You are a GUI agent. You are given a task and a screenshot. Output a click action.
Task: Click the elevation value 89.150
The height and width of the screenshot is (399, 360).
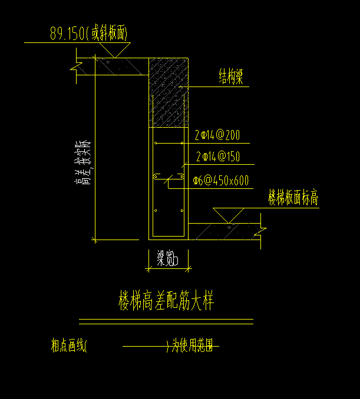[x=67, y=35]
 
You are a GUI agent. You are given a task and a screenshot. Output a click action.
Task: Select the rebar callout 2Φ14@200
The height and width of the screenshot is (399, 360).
[x=217, y=135]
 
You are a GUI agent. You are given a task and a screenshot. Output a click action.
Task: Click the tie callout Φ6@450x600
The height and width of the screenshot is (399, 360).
[x=220, y=181]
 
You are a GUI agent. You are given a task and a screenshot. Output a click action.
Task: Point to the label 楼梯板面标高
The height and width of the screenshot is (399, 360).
[x=293, y=198]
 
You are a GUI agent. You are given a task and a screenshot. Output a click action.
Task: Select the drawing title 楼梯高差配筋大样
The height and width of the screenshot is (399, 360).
[x=166, y=302]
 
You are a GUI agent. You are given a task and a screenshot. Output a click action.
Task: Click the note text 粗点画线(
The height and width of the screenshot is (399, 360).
[x=69, y=346]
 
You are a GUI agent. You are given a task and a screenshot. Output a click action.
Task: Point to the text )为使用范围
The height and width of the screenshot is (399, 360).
[x=192, y=346]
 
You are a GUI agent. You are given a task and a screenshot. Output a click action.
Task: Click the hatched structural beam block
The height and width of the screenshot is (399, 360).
[x=168, y=92]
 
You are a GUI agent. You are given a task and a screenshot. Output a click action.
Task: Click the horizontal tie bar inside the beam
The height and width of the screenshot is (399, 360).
[x=168, y=177]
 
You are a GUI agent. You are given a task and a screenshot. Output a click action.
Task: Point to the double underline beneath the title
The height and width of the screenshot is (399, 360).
[x=166, y=321]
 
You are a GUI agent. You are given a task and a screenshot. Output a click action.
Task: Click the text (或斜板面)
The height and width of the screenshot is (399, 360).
[x=107, y=35]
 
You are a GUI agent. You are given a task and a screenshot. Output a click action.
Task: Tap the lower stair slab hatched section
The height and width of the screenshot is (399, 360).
[x=224, y=231]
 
